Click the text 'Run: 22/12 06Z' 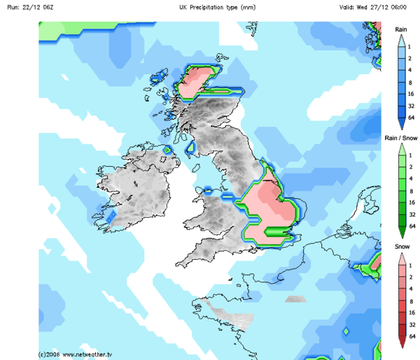[26, 7]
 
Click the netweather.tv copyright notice [76, 354]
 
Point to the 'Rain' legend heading [401, 29]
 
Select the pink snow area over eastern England [269, 210]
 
